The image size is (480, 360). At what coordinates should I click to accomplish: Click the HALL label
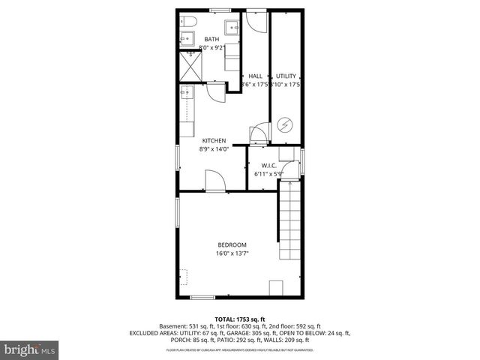pos(255,76)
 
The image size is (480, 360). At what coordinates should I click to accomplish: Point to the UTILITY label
pos(286,76)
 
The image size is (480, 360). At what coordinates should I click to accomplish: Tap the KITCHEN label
pos(214,140)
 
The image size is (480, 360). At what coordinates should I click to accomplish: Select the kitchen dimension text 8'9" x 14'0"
pos(214,148)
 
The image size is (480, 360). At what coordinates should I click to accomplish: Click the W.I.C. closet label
pos(270,166)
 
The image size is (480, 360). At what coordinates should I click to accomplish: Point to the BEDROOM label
pos(232,244)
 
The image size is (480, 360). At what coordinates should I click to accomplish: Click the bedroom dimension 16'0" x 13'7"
pos(232,253)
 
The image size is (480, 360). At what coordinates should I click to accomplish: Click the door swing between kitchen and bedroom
pos(213,181)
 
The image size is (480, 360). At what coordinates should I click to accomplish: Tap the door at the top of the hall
pos(256,19)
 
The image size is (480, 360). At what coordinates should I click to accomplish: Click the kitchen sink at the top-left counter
pos(186,92)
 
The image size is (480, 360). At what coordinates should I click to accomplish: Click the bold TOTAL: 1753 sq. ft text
pos(240,319)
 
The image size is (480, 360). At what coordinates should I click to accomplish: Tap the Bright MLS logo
pos(30,349)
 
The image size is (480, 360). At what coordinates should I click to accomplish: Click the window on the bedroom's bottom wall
pos(202,298)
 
